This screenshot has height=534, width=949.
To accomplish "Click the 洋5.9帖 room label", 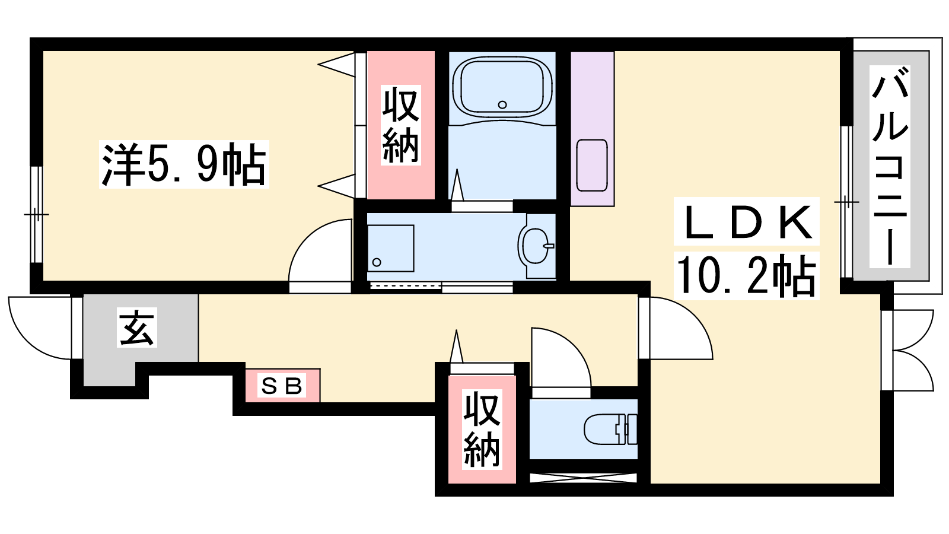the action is pyautogui.click(x=184, y=164).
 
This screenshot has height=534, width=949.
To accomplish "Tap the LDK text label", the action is pyautogui.click(x=747, y=221).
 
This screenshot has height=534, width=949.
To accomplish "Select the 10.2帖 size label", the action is pyautogui.click(x=747, y=276).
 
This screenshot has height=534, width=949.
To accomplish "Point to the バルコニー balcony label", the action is pyautogui.click(x=890, y=167).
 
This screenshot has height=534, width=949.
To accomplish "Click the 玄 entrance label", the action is pyautogui.click(x=137, y=328).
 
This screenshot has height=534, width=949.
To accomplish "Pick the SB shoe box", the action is pyautogui.click(x=282, y=385).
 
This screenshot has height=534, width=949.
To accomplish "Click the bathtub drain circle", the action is pyautogui.click(x=502, y=104).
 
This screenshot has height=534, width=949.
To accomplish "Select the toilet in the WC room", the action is pyautogui.click(x=610, y=429).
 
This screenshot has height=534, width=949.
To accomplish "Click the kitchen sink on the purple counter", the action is pyautogui.click(x=593, y=166).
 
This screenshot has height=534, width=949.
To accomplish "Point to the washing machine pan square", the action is pyautogui.click(x=391, y=249).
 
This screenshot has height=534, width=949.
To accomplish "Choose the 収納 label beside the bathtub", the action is pyautogui.click(x=401, y=125).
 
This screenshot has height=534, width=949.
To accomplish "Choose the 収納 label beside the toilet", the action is pyautogui.click(x=482, y=429).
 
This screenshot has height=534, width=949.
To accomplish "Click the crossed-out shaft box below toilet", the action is pyautogui.click(x=584, y=478).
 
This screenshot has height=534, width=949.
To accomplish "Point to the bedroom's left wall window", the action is pyautogui.click(x=36, y=214).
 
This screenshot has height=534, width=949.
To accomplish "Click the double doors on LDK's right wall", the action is pyautogui.click(x=911, y=350).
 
